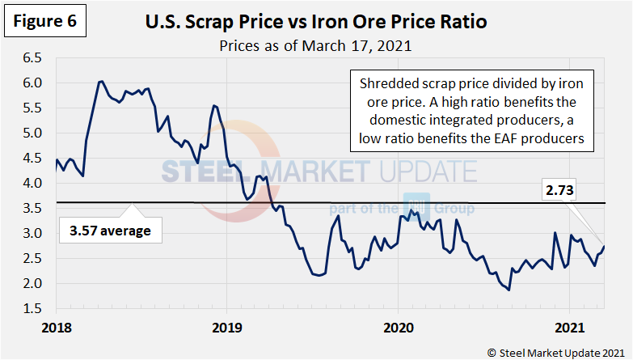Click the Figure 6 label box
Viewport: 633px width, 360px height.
[44, 21]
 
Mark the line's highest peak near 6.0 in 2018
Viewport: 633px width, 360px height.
[100, 81]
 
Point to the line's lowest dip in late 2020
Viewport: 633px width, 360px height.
[509, 290]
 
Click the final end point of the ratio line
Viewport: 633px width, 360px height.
[604, 247]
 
